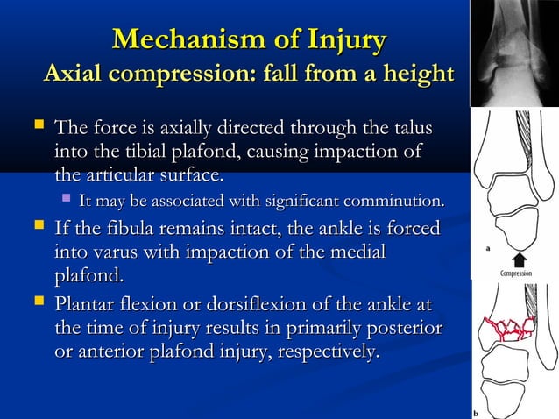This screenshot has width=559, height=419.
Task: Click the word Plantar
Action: (88, 307)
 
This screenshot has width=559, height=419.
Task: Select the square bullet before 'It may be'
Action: (63, 203)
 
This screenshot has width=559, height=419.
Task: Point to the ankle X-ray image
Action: (514, 53)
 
